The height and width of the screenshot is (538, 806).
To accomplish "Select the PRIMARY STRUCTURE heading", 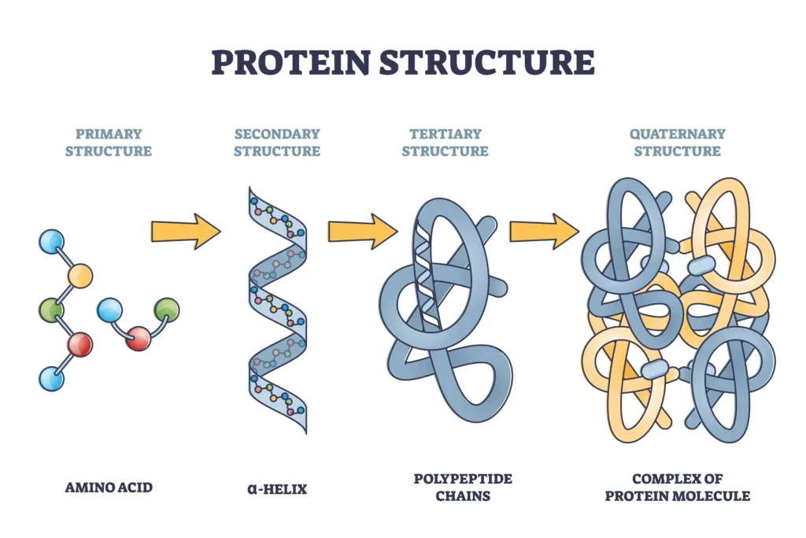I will (x=109, y=142).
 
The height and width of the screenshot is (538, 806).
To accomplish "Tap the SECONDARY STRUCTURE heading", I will (x=277, y=142).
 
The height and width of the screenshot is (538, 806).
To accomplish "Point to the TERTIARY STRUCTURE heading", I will (x=445, y=142).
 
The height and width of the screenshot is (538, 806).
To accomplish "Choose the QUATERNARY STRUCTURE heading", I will (x=677, y=142).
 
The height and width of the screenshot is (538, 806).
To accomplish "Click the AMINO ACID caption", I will (x=109, y=488).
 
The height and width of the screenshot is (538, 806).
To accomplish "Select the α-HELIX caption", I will (x=277, y=488).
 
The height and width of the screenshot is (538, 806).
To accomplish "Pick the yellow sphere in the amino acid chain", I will (x=79, y=276).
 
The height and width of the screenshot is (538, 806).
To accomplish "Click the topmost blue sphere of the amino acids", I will (x=51, y=242).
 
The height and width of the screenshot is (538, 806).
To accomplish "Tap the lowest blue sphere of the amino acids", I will (x=51, y=379).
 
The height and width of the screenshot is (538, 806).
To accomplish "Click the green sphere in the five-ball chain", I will (x=51, y=310).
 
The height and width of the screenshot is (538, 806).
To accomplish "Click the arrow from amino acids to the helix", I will (x=186, y=231).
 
